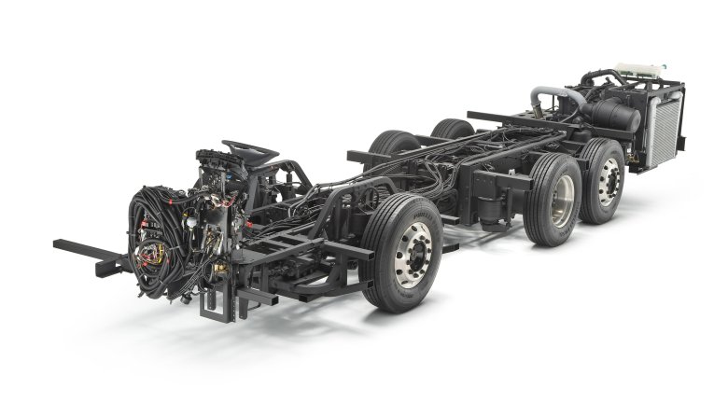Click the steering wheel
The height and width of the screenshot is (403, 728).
click(250, 149)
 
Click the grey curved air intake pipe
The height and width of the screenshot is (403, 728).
click(547, 98)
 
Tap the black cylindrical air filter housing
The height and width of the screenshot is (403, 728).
click(611, 116)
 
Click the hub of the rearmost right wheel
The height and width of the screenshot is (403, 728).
click(608, 178)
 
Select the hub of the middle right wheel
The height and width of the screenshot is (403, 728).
click(562, 199)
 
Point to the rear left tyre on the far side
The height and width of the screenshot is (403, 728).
click(454, 130)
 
